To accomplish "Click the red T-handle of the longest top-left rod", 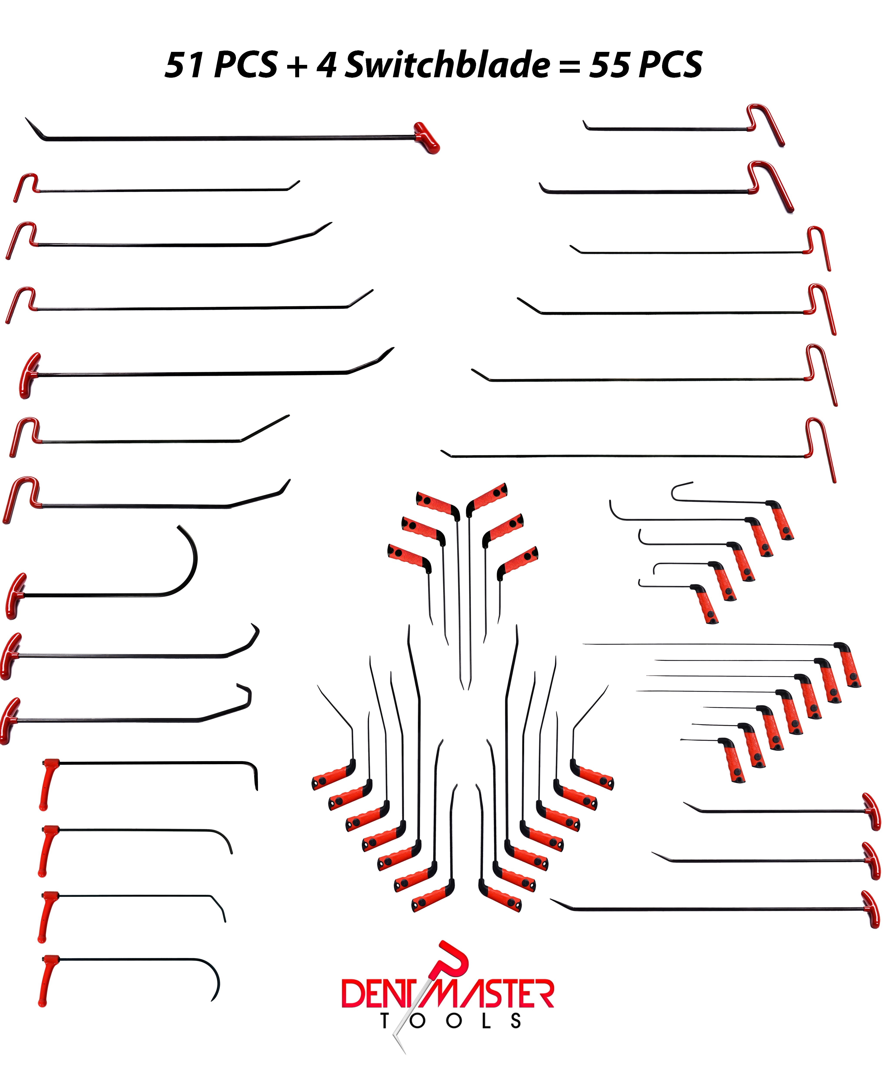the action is point(426,137).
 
